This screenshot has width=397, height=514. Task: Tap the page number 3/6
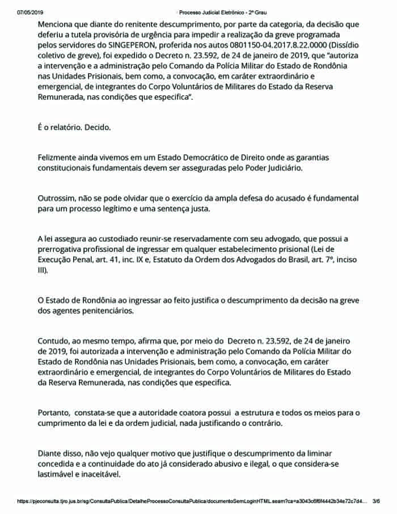[376, 502]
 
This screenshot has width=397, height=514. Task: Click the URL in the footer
[192, 502]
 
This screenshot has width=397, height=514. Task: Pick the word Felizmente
[60, 157]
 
